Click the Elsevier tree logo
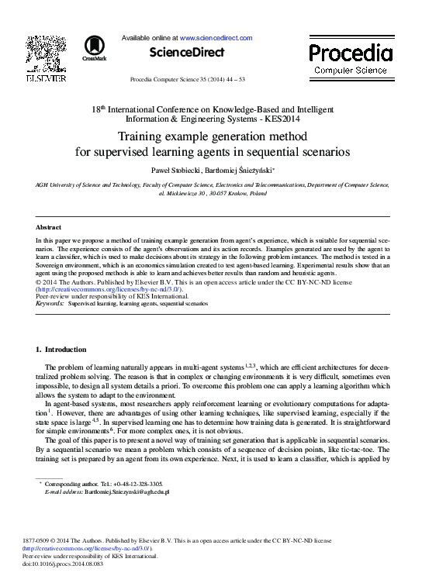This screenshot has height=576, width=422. [x=46, y=53]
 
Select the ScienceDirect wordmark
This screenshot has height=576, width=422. [x=185, y=53]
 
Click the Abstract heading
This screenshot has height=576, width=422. [x=48, y=227]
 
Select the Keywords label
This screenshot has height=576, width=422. [x=50, y=305]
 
